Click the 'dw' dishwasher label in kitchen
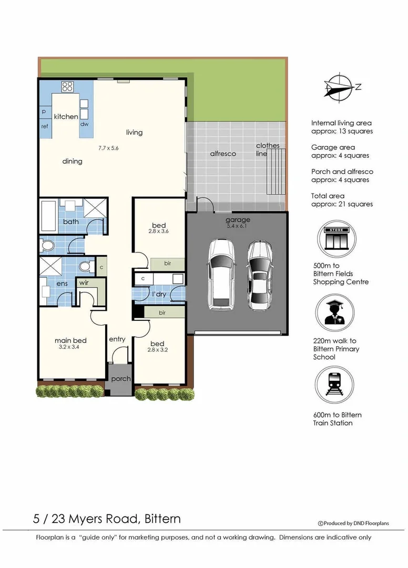tap(84, 125)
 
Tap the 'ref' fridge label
tap(45, 126)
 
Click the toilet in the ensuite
tap(85, 267)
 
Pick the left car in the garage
tap(221, 274)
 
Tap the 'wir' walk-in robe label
tap(84, 282)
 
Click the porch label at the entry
tap(120, 379)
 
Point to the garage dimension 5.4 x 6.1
tap(238, 226)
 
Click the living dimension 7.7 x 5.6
tap(108, 148)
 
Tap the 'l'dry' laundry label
tap(159, 294)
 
